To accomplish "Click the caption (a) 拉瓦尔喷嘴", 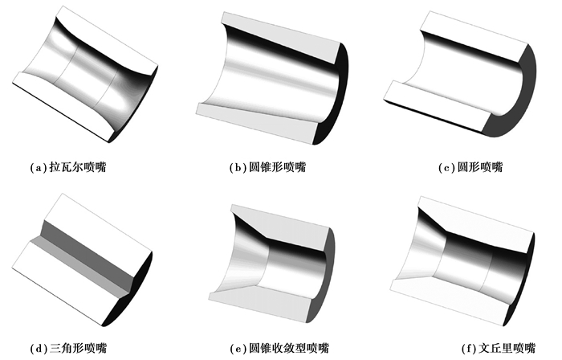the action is click(x=68, y=167).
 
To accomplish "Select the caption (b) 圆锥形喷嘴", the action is click(x=267, y=167).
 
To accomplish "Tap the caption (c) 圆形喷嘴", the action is click(x=470, y=167).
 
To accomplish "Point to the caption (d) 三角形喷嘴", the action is click(x=68, y=348).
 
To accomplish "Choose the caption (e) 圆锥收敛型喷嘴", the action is click(x=279, y=348).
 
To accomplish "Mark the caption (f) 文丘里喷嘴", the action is click(x=499, y=348).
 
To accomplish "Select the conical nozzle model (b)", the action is click(x=272, y=78).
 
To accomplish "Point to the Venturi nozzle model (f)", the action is click(x=462, y=261).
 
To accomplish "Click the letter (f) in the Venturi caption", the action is click(x=469, y=348).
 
